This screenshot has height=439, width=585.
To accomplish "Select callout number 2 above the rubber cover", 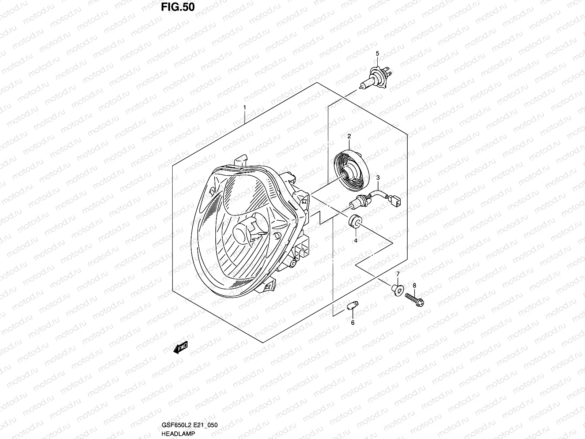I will [x=349, y=136].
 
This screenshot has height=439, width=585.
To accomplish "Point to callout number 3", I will [x=378, y=177].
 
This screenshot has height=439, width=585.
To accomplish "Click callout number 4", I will [x=355, y=241].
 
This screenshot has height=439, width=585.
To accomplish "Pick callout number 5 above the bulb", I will [x=378, y=54].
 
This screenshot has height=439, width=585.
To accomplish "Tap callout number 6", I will [x=353, y=323].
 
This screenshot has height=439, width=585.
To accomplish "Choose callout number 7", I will [x=398, y=274].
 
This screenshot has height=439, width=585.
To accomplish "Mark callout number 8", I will [x=414, y=285].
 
